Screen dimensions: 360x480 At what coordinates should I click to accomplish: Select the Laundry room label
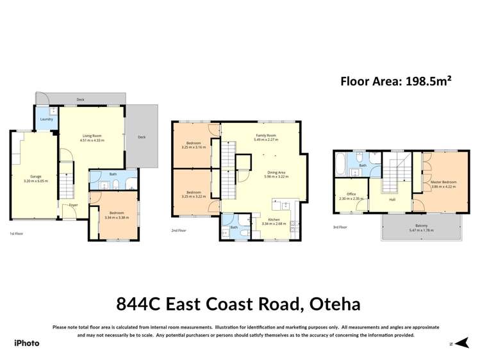coord(46,119)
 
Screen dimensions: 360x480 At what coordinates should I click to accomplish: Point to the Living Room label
coord(93,135)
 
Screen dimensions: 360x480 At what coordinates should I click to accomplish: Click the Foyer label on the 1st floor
coord(74,206)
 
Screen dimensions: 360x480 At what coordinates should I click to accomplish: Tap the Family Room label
coord(265,136)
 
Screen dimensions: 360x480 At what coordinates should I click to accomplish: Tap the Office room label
coord(351,194)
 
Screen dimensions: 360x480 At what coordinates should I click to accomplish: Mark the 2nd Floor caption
coord(178,230)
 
